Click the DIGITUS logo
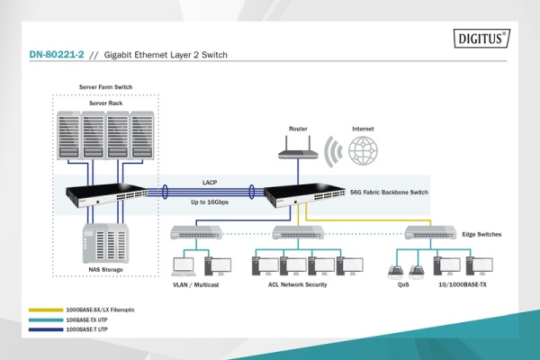point(482,40)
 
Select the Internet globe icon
point(363,149)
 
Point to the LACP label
point(209,181)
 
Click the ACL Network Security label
point(298,284)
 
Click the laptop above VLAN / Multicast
point(184,266)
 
